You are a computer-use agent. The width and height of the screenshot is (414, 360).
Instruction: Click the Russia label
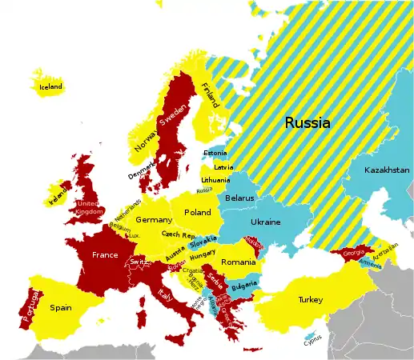[x=307, y=123]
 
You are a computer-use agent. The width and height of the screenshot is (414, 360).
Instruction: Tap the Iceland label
[x=50, y=86]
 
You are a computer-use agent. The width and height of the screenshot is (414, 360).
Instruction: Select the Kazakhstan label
[x=387, y=170]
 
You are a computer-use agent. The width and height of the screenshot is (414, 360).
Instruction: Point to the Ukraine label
[x=266, y=222]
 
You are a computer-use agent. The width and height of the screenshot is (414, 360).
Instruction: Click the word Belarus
[x=239, y=198]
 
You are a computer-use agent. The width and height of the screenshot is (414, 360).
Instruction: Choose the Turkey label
[x=310, y=299]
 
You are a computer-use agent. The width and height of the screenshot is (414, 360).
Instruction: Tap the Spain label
[x=61, y=307]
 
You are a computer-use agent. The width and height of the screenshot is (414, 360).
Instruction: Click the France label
[x=105, y=254]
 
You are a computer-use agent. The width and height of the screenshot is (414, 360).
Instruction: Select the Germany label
[x=154, y=219]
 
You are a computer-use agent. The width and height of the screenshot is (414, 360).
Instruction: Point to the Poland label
[x=198, y=213]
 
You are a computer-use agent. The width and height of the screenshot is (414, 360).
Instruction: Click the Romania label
[x=237, y=262]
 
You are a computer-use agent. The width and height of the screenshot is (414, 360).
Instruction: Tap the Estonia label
[x=215, y=153]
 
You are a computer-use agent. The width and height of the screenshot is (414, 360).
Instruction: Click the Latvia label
[x=223, y=167]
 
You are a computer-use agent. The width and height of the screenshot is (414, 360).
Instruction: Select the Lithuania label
[x=215, y=181]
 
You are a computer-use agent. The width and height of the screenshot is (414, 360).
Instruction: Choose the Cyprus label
[x=313, y=338]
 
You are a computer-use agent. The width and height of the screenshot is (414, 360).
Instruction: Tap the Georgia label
[x=353, y=253]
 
